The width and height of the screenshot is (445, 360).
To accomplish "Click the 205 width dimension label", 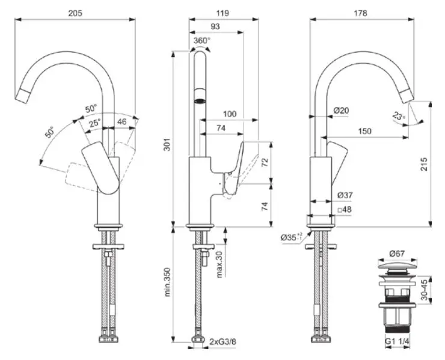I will (x=75, y=13).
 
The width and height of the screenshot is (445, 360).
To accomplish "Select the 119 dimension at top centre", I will (x=224, y=13).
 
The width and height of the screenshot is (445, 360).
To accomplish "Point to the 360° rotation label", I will (x=202, y=41).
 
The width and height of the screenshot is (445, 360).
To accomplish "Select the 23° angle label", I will (x=399, y=115).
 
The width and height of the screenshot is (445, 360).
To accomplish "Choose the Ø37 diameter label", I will (x=345, y=195).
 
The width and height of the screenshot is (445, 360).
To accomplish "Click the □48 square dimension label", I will (x=345, y=210).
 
